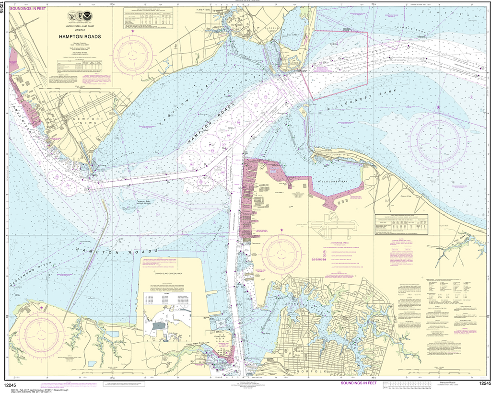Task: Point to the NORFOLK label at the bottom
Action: click(309, 372)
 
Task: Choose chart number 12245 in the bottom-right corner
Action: click(483, 383)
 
